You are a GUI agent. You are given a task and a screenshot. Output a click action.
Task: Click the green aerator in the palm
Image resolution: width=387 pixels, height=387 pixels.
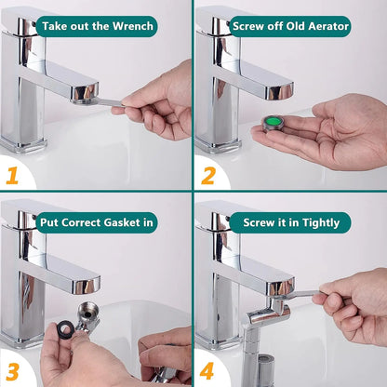point(275,124)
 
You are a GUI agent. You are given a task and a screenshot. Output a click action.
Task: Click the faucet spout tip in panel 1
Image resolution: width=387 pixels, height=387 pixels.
point(86,90)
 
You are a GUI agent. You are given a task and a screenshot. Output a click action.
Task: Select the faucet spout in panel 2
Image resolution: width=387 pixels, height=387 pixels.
point(270,87)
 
